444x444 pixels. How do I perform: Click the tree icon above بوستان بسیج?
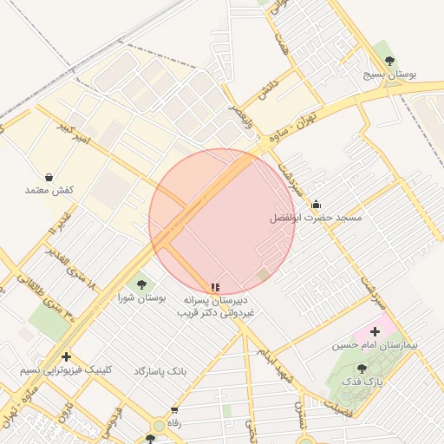389,60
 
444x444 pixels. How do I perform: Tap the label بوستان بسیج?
390,75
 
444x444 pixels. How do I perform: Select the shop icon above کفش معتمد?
49,176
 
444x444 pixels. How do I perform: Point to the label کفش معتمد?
49,190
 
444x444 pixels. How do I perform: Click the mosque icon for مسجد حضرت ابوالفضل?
316,205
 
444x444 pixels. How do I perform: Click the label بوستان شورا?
141,297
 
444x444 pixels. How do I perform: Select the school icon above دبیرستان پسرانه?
214,287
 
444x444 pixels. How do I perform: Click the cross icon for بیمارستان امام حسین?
375,331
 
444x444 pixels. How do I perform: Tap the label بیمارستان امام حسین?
375,345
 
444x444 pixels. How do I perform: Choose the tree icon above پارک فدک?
362,369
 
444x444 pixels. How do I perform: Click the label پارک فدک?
362,382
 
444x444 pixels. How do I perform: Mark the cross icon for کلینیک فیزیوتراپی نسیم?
67,356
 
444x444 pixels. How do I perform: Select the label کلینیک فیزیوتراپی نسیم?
67,370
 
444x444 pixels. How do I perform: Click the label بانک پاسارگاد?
160,370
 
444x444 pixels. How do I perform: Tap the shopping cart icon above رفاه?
174,410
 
